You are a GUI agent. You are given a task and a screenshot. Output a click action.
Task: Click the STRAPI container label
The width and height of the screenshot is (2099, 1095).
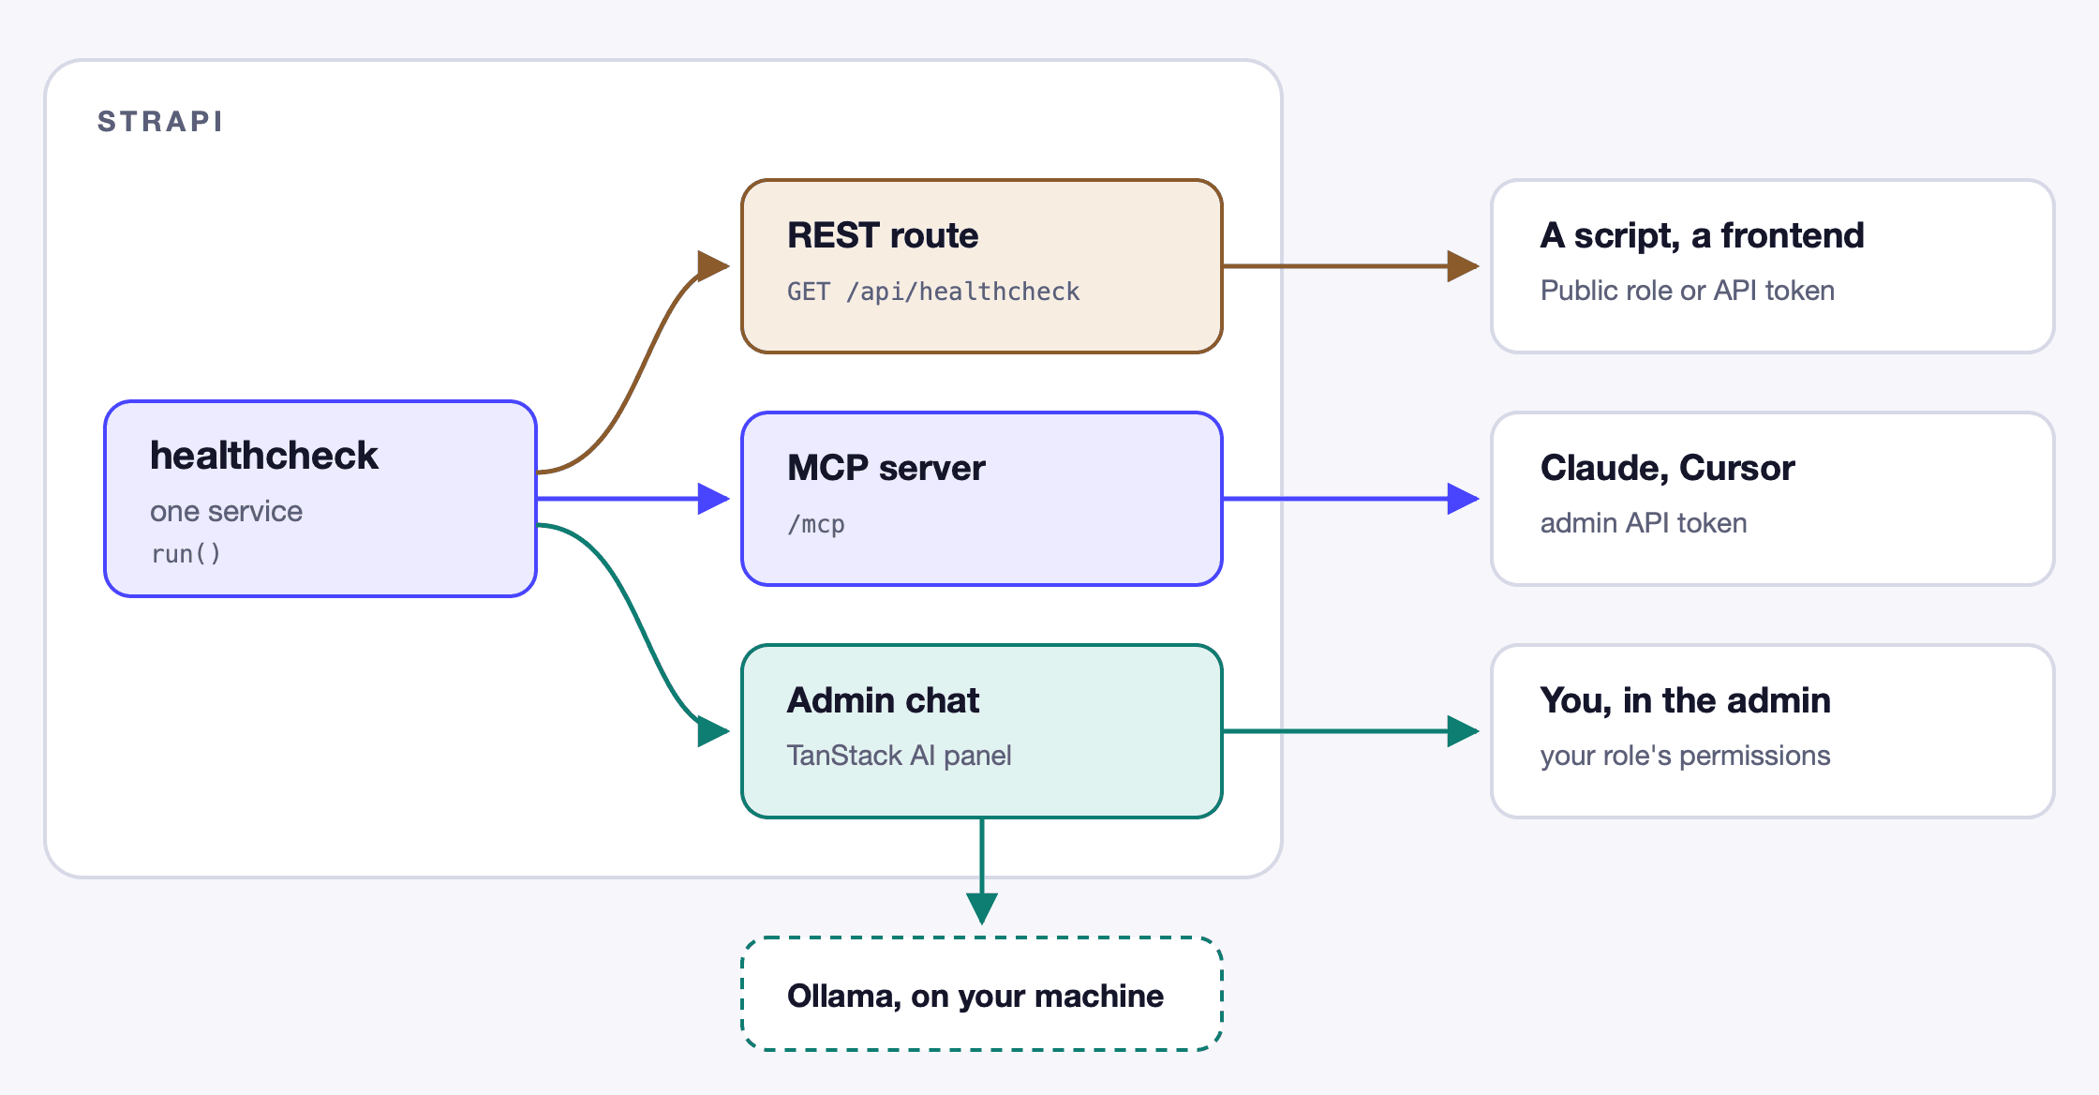160,122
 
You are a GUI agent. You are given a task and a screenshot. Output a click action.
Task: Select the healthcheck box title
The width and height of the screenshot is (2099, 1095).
264,456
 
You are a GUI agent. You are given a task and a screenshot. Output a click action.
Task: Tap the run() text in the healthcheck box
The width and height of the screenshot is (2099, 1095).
186,554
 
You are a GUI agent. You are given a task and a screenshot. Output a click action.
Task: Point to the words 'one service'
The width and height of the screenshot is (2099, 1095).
226,511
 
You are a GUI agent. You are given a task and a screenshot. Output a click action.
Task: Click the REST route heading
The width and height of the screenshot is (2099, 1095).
883,235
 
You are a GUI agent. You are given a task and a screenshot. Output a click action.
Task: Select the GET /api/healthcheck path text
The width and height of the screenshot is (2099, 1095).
933,292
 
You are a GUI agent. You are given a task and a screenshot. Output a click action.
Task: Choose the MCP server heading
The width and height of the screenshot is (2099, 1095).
886,468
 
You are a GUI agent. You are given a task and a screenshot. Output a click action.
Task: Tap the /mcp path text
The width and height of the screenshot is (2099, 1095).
816,524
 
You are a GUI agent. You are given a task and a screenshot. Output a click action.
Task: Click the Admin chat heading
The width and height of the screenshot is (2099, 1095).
883,700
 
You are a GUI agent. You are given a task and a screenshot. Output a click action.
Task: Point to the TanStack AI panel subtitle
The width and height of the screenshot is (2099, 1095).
900,756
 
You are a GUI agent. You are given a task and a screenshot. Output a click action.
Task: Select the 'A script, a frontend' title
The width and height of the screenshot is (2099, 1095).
1703,236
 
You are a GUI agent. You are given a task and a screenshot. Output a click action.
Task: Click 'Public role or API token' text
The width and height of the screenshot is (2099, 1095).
1688,291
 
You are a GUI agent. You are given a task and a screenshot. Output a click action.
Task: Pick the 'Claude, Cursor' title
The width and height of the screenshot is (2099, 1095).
1668,469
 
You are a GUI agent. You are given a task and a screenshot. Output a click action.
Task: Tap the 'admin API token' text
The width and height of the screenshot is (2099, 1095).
1644,523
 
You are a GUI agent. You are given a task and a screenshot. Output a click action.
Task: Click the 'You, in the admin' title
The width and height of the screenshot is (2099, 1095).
1686,701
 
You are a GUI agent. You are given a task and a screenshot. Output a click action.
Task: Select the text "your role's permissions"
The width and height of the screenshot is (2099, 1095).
1686,756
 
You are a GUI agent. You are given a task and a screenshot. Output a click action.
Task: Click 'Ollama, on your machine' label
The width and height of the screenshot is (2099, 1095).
975,996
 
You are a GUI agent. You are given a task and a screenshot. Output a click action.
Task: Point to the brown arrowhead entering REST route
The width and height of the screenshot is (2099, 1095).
714,266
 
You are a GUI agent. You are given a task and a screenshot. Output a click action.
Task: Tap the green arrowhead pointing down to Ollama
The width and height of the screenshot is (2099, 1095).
982,908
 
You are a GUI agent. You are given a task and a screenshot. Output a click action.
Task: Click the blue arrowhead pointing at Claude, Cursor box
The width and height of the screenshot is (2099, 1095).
1464,499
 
